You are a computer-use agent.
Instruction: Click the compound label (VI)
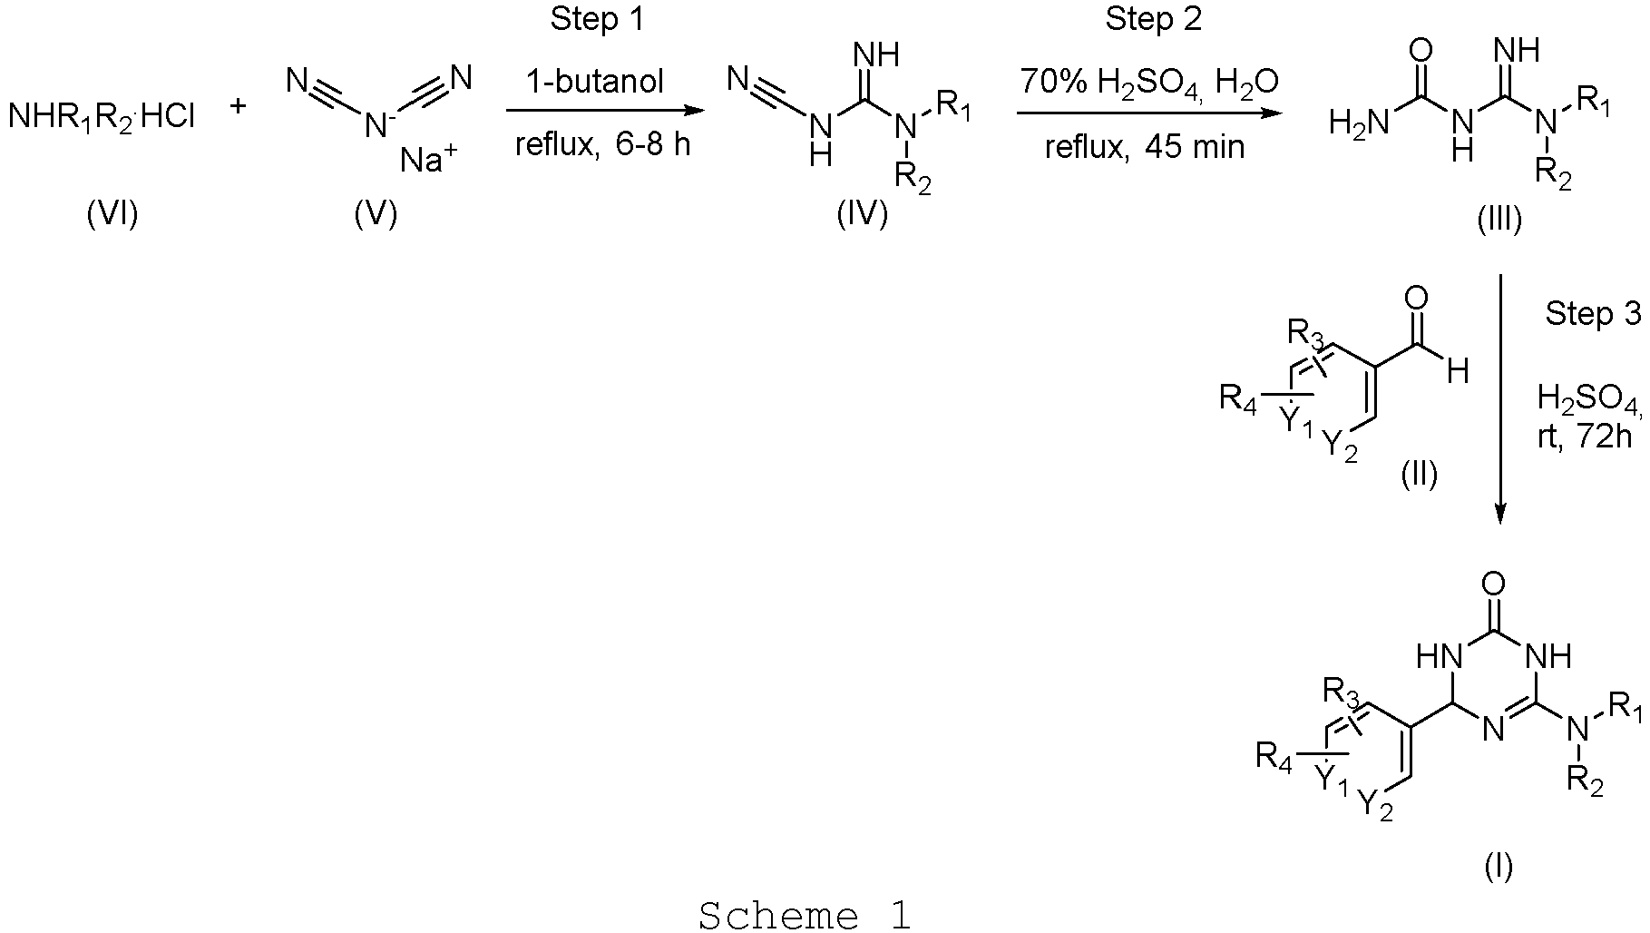coord(112,216)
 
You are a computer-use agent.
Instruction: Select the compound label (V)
coord(376,216)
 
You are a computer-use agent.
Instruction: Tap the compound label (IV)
coord(862,216)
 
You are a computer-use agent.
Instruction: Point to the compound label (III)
coord(1499,219)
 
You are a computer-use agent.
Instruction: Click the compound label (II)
coord(1420,473)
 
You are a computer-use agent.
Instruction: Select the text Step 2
coord(1153,21)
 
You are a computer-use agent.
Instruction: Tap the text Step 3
coord(1593,314)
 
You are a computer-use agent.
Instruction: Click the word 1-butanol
coord(596,82)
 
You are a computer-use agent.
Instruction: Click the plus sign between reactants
coord(238,106)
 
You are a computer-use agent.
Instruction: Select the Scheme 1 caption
coord(804,915)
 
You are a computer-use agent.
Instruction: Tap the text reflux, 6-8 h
coord(602,143)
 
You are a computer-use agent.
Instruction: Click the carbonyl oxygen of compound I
coord(1498,582)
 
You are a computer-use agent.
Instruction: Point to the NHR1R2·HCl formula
coord(102,116)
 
